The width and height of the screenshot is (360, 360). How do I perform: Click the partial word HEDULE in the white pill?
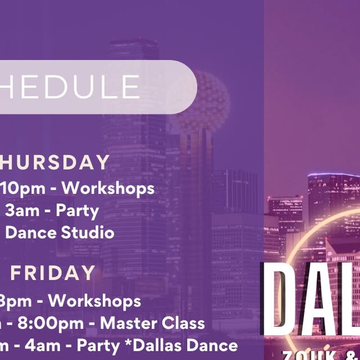pos(70,87)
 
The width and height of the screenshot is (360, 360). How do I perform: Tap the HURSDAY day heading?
pos(55,163)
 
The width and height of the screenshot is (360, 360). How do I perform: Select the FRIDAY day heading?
pos(53,273)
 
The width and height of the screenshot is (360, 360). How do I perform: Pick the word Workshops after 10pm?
pos(111,188)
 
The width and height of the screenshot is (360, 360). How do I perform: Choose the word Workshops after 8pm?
pos(94,300)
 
